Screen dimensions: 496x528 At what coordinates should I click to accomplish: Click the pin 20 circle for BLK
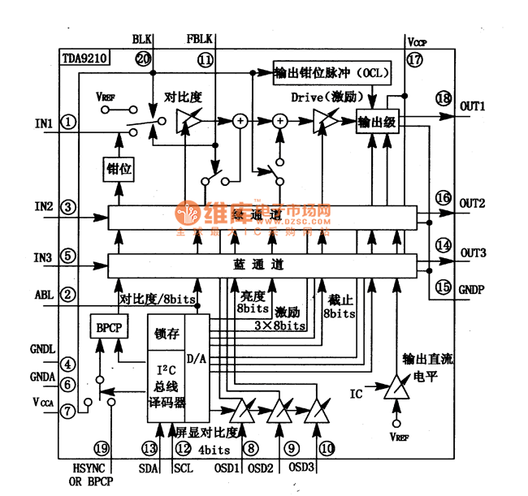coord(143,58)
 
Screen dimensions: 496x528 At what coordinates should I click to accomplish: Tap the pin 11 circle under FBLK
coord(205,58)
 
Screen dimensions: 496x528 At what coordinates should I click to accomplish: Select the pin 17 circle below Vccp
coord(416,58)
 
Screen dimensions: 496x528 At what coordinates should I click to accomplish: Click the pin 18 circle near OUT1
coord(443,99)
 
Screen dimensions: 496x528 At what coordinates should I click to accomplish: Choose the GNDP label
coord(473,287)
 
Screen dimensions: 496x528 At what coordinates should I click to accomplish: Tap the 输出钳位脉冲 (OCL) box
coord(333,74)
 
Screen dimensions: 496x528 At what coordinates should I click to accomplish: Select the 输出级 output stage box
coord(378,122)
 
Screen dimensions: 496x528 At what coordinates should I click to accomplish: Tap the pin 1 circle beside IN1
coord(69,123)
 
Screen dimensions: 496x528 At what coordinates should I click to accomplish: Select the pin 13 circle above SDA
coord(149,447)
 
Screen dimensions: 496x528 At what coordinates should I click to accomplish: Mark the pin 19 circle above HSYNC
coord(101,447)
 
